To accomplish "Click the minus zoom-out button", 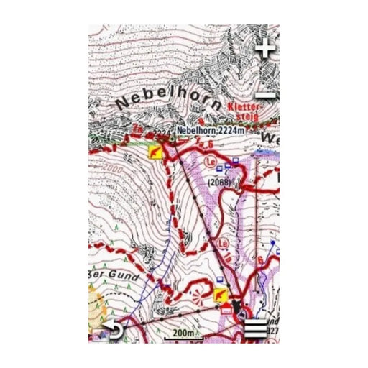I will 267,94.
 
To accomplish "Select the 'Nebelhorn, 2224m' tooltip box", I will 209,131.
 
